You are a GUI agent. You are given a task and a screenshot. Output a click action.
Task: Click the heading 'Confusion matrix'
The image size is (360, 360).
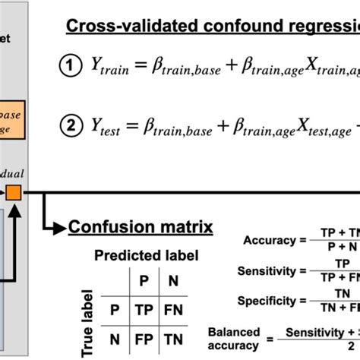(141, 226)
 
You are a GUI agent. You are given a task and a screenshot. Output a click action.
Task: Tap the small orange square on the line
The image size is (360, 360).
(14, 194)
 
